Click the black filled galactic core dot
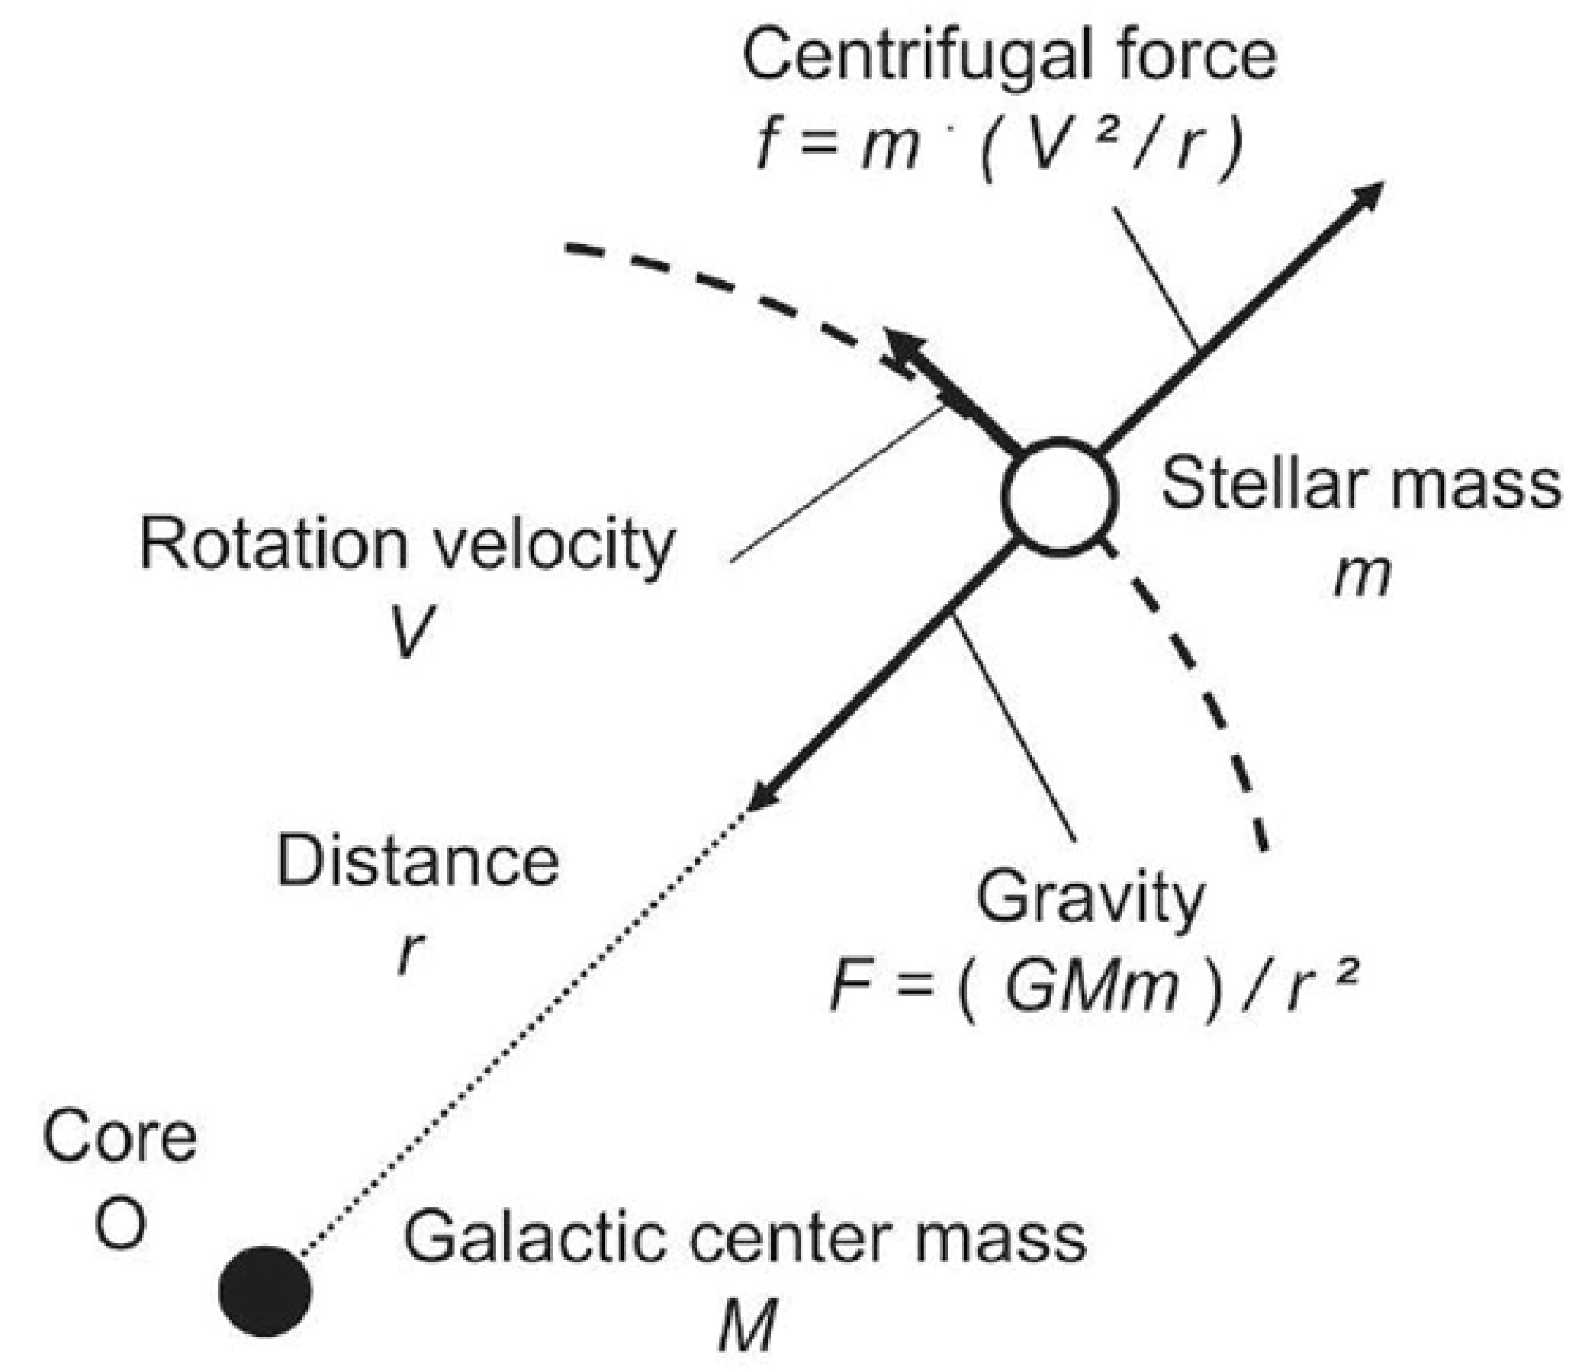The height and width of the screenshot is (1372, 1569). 265,1292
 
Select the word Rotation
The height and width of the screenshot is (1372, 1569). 268,545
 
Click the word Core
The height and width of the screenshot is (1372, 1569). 120,1137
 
